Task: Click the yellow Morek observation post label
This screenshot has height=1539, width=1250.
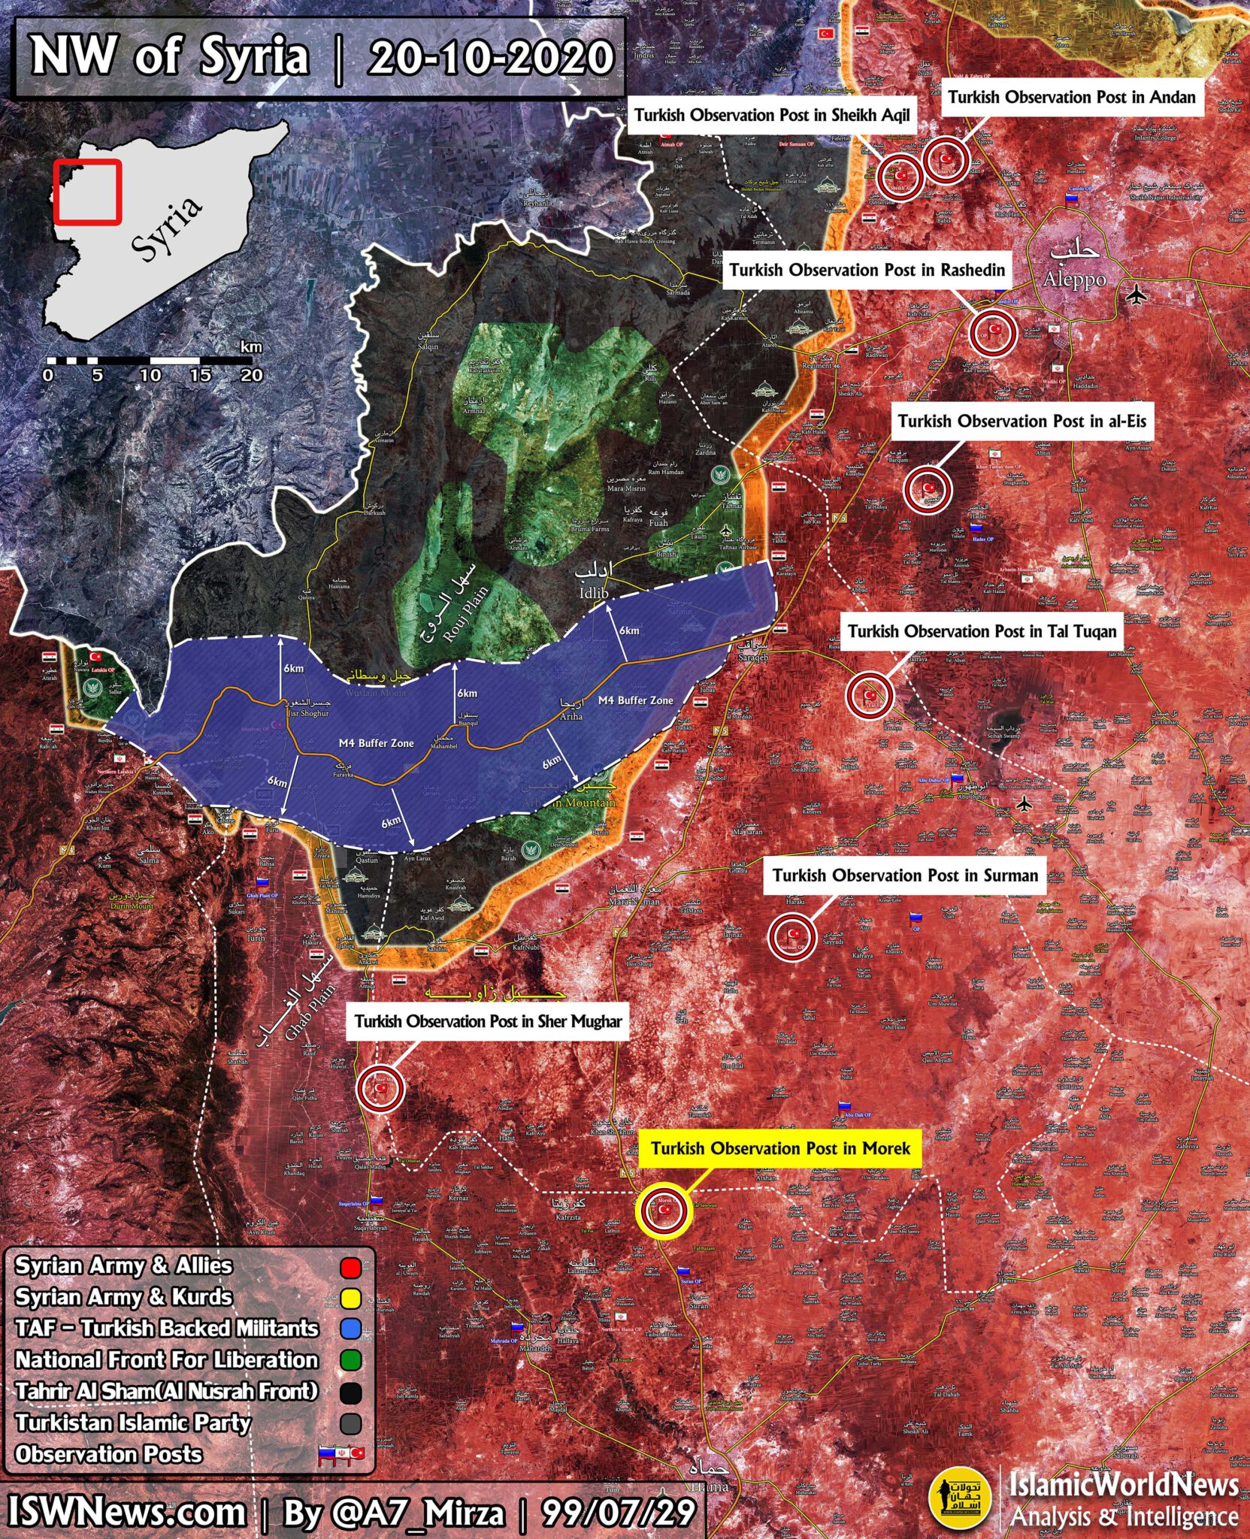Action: tap(779, 1148)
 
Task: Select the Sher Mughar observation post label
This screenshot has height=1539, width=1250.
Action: tap(488, 1021)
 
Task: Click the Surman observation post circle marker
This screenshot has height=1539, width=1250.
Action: tap(792, 936)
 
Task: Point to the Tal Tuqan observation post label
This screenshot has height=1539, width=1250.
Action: tap(982, 631)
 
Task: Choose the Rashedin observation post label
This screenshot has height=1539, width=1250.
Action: tap(867, 270)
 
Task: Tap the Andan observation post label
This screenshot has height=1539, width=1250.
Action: tap(1071, 97)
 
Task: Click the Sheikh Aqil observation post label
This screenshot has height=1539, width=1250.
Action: tap(771, 115)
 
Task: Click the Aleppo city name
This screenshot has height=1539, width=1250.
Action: tap(1074, 280)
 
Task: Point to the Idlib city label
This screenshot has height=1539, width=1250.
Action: tap(594, 592)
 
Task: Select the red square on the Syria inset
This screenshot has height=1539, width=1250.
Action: tap(87, 192)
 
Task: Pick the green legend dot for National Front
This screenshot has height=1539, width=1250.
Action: tap(350, 1361)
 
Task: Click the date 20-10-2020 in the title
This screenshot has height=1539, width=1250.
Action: tap(490, 58)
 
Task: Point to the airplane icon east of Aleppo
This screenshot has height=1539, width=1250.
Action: tap(1137, 295)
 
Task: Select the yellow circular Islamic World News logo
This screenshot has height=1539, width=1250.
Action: tap(960, 1496)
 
